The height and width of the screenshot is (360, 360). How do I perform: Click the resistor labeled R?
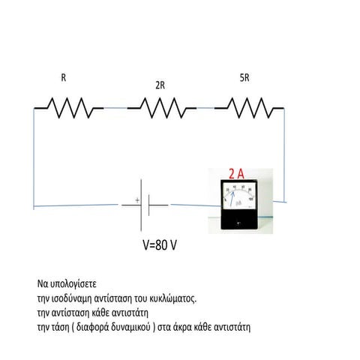69,108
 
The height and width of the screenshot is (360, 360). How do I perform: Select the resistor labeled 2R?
162,108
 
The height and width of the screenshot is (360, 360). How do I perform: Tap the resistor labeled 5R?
249,108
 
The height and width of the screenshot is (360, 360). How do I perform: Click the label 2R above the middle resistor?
160,85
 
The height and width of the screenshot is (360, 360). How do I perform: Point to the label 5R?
244,78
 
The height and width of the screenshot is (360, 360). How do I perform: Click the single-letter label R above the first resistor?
64,78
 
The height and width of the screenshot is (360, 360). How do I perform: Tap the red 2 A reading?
236,174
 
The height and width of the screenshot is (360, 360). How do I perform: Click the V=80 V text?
160,245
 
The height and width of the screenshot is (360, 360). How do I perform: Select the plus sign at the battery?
137,200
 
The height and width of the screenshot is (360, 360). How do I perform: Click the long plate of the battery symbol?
141,205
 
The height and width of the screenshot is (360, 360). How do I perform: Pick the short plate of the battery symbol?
148,205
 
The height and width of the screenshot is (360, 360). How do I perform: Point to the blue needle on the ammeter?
232,199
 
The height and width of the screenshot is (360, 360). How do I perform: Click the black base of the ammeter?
239,220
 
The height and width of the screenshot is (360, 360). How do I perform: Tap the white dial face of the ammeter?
239,196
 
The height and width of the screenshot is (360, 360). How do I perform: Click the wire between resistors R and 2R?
115,108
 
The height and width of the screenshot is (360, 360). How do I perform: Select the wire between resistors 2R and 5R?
205,108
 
